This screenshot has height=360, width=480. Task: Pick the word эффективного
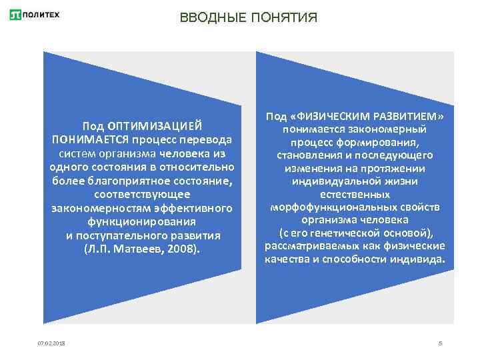(x=199, y=209)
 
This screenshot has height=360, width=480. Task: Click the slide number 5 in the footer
(x=441, y=343)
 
